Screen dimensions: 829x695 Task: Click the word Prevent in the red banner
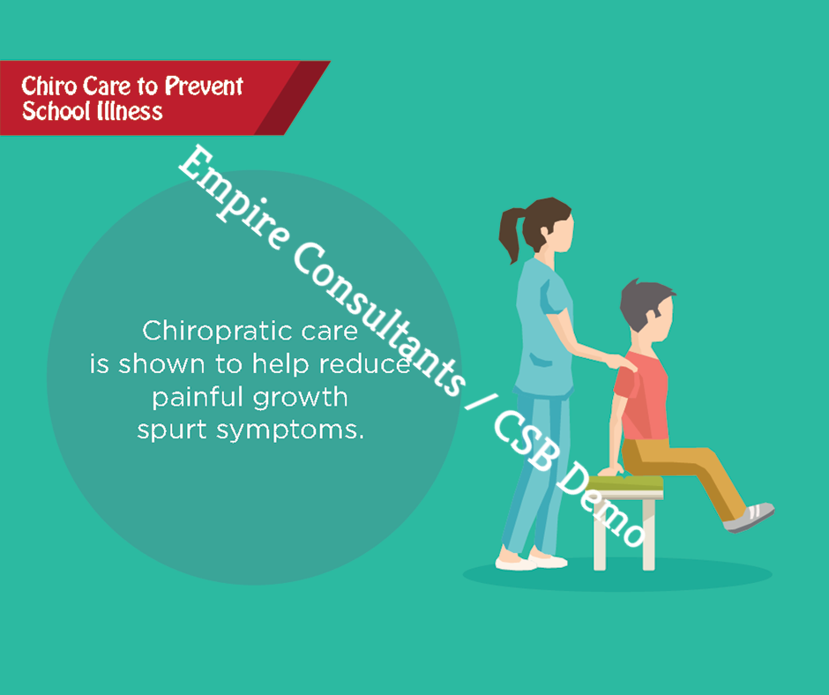pos(204,86)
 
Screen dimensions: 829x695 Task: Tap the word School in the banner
pos(51,111)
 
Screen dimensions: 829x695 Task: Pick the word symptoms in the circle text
pos(290,430)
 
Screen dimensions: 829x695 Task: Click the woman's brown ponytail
pos(512,234)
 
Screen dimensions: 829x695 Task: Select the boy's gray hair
pos(643,303)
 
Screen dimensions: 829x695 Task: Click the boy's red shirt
pos(642,396)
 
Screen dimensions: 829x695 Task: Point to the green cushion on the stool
pos(625,483)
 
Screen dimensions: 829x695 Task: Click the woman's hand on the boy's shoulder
pos(621,363)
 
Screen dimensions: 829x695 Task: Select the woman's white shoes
pos(531,561)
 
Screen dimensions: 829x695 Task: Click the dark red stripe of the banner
pos(292,98)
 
